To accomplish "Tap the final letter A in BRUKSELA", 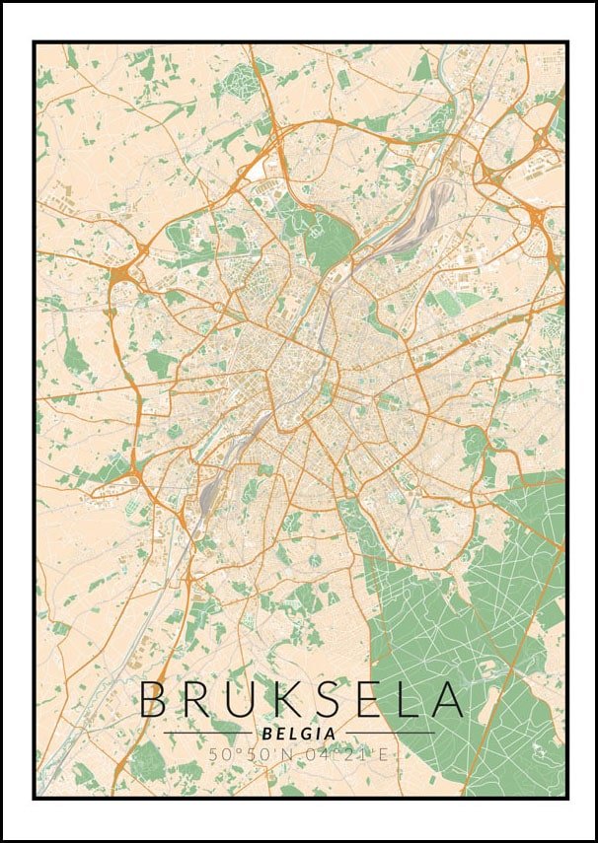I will (445, 699).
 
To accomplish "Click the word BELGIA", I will (298, 734).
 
